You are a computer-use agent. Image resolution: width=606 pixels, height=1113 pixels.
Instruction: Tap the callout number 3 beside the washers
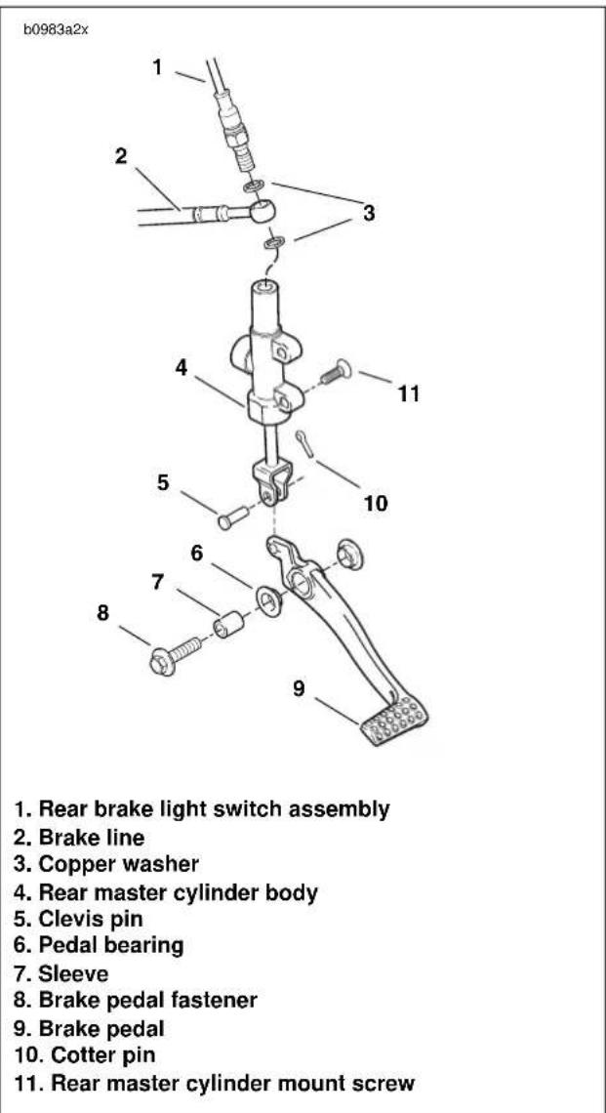click(x=369, y=213)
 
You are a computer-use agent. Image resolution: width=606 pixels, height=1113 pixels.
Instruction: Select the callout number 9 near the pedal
click(x=300, y=688)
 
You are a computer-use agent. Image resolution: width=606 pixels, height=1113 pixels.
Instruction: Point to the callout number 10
click(x=376, y=503)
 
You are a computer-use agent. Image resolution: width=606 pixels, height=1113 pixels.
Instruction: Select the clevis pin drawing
click(x=233, y=516)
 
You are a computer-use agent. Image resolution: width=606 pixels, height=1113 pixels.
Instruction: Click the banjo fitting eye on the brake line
click(x=260, y=210)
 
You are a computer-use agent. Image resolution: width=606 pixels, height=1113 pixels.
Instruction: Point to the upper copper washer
click(x=253, y=186)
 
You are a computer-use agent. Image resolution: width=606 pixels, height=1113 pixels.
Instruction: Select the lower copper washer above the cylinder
click(x=273, y=243)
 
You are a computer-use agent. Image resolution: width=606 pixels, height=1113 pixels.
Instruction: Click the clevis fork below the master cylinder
click(x=272, y=482)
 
